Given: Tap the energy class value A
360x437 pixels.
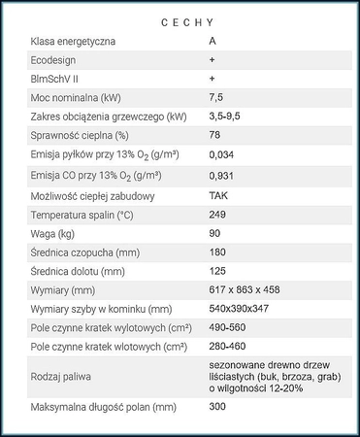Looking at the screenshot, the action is point(213,42).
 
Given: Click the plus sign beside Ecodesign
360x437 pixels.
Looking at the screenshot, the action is point(212,59).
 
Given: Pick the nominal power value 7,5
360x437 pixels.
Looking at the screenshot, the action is point(216,97).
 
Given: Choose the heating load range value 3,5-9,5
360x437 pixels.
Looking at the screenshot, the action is point(224,116).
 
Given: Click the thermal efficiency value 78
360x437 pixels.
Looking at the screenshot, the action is point(214,135).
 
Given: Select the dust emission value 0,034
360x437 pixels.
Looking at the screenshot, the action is point(221,155).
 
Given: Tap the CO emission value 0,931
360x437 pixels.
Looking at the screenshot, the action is point(221,176).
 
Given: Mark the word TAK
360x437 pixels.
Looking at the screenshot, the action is point(218,195).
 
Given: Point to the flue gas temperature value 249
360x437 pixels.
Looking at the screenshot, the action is point(217,214).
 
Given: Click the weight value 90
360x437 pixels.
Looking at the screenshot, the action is point(214,233).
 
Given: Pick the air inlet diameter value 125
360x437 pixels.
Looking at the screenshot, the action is point(217,270).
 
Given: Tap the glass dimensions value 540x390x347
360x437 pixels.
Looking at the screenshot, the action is point(241,308).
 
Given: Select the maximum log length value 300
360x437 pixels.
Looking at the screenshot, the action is point(217,406).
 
